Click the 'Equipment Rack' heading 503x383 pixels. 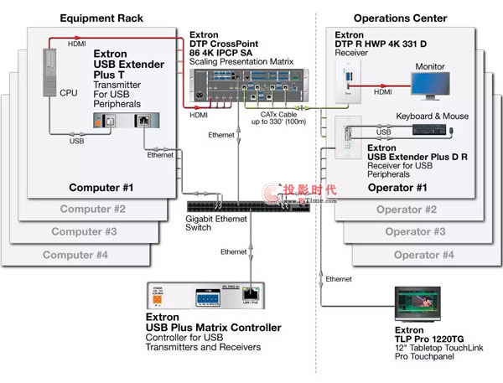click(x=101, y=18)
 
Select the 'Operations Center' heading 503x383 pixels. click(x=400, y=18)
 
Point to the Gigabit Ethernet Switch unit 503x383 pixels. click(x=248, y=206)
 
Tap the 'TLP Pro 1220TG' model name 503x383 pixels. click(x=420, y=339)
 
